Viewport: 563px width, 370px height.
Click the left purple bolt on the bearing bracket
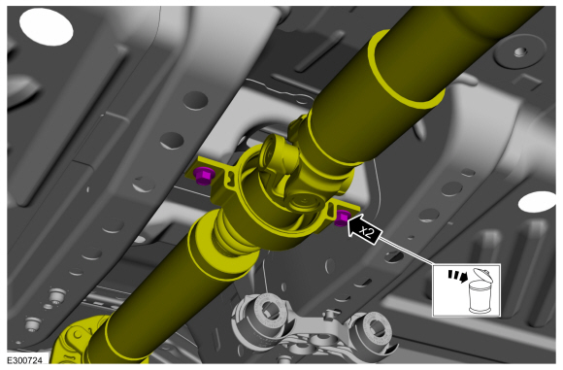204,176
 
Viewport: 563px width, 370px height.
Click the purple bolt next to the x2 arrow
342,219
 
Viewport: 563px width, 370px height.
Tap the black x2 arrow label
364,230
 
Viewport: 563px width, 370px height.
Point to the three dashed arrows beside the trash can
457,276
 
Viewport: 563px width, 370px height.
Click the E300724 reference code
24,360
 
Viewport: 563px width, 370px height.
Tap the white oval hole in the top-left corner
46,27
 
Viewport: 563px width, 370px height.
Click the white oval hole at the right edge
538,202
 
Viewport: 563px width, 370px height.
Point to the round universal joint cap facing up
276,150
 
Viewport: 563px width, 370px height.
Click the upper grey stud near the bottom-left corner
55,295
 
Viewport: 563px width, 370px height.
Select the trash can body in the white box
482,297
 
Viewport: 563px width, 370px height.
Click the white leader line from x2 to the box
407,251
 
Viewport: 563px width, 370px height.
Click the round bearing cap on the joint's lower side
305,202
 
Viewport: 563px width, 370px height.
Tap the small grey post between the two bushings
327,317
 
